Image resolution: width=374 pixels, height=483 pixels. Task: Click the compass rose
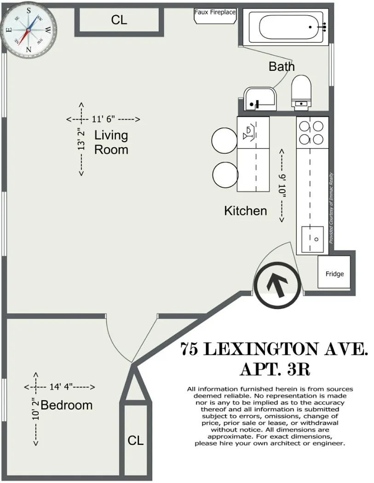click(x=29, y=29)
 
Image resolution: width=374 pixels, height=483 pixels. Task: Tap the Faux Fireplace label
click(x=215, y=12)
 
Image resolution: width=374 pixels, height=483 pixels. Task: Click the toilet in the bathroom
click(x=301, y=92)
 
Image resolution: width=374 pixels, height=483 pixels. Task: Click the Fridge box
click(x=334, y=273)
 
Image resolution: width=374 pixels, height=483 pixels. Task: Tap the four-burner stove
click(x=312, y=132)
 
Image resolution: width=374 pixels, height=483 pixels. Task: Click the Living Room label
click(x=111, y=142)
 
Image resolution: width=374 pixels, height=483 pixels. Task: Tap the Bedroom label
click(x=67, y=405)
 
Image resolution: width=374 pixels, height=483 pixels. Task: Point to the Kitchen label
click(x=245, y=211)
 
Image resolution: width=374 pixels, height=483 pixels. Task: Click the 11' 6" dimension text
click(x=103, y=119)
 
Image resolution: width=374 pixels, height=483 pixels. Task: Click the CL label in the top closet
click(x=119, y=20)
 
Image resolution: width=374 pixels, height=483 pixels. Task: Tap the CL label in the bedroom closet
click(x=135, y=440)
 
